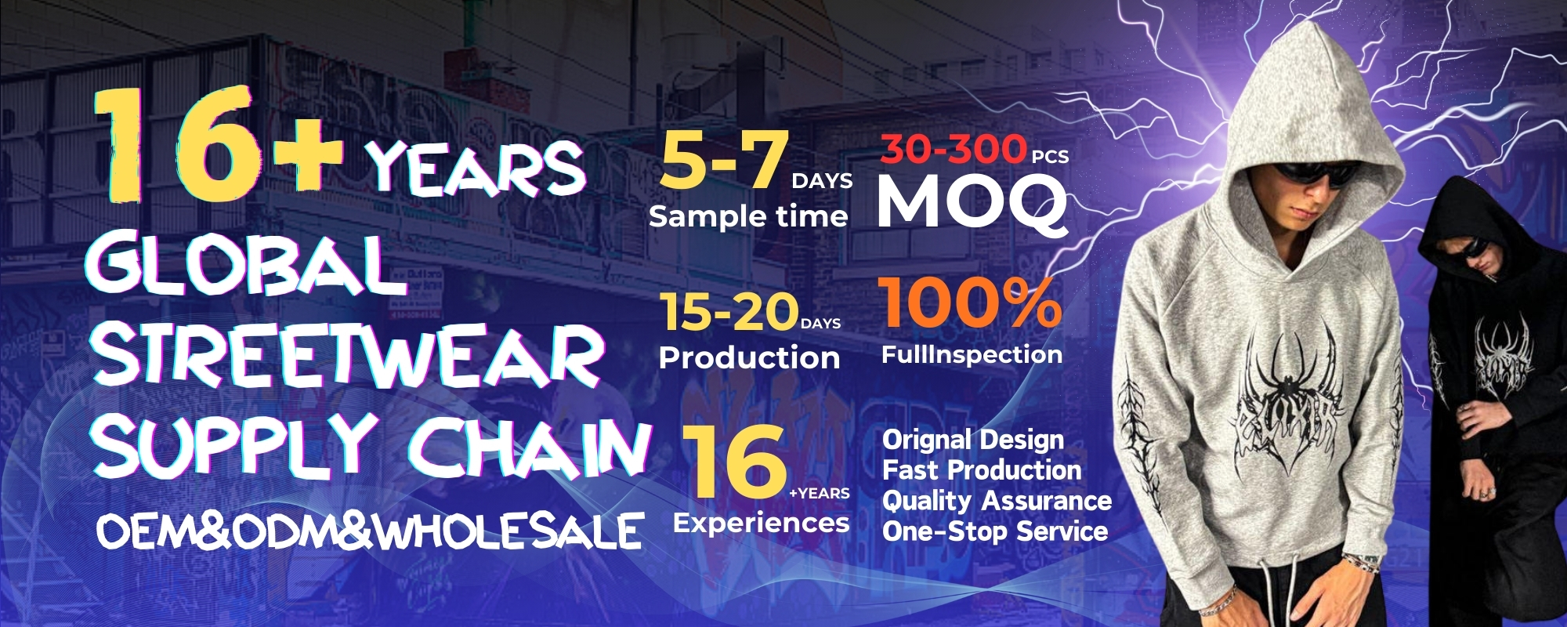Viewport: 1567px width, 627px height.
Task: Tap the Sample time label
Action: click(x=748, y=216)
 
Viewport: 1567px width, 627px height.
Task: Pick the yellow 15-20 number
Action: click(x=729, y=311)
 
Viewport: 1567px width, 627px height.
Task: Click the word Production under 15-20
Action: click(x=749, y=357)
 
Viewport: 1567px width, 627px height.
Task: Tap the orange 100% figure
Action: click(x=970, y=303)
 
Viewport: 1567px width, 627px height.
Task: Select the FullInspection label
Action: click(x=972, y=355)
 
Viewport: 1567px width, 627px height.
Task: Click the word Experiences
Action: click(x=762, y=523)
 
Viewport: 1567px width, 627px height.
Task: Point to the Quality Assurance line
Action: click(x=997, y=501)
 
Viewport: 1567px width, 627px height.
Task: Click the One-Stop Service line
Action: click(x=995, y=531)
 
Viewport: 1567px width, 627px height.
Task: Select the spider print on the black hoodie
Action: click(x=1502, y=353)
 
